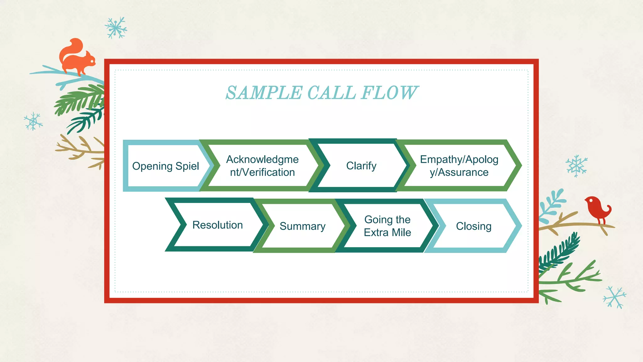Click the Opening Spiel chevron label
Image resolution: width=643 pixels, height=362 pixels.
pyautogui.click(x=165, y=166)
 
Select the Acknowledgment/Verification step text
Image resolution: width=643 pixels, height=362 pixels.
pyautogui.click(x=262, y=166)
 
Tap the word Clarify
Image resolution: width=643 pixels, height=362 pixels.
pyautogui.click(x=361, y=166)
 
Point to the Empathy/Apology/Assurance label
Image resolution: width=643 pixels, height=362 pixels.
pyautogui.click(x=459, y=166)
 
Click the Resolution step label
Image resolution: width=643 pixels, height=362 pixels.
pyautogui.click(x=218, y=225)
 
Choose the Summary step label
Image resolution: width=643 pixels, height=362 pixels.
pyautogui.click(x=302, y=226)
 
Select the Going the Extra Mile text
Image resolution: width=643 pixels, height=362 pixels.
pyautogui.click(x=387, y=226)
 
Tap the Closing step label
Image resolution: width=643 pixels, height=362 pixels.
pyautogui.click(x=473, y=226)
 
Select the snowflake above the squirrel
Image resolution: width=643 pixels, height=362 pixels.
pyautogui.click(x=116, y=28)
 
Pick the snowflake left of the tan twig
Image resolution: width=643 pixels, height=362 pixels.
pyautogui.click(x=33, y=122)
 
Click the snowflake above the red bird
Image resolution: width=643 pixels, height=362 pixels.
pyautogui.click(x=576, y=166)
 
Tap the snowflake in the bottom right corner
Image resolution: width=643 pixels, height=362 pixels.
pyautogui.click(x=614, y=297)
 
